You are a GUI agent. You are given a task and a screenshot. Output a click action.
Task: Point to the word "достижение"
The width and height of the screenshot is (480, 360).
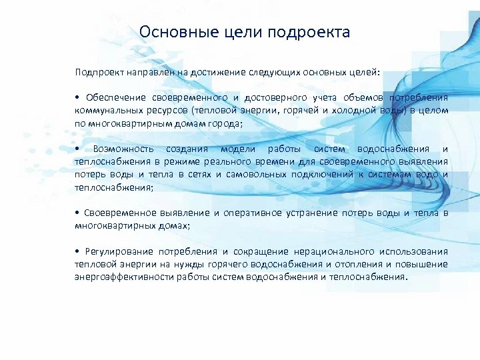pyautogui.click(x=219, y=72)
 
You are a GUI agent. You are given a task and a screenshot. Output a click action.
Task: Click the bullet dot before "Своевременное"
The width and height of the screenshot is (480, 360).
pyautogui.click(x=77, y=213)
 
